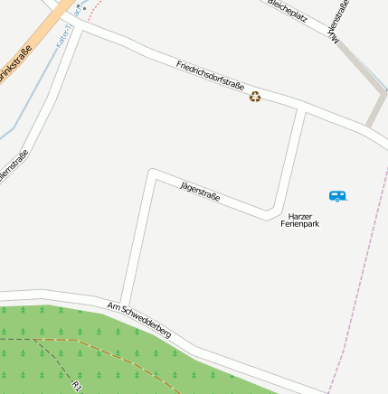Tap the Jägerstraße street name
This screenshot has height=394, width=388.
coord(200,191)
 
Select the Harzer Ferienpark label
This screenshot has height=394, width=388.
coord(303,220)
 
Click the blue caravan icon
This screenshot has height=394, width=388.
coord(337,195)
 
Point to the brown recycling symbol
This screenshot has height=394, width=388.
coord(255,96)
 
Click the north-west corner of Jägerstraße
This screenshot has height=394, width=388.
coord(152,173)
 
